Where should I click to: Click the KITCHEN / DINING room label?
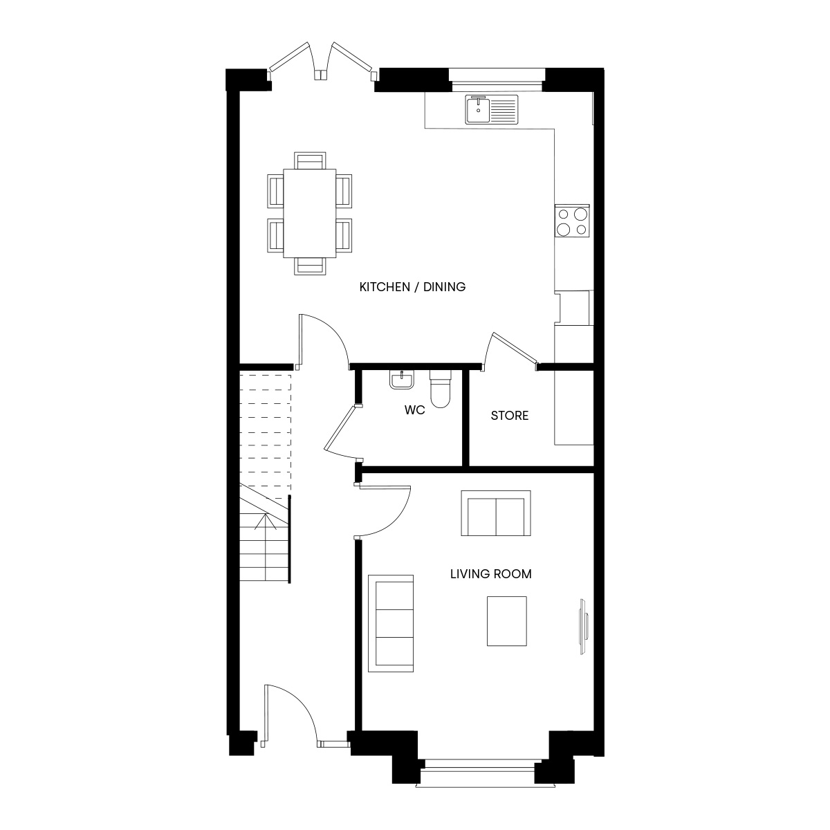[412, 287]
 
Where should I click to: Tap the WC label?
[414, 409]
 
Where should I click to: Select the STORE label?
[510, 416]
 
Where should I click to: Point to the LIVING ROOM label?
[490, 573]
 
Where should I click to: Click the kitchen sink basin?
[477, 109]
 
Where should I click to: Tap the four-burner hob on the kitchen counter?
[571, 221]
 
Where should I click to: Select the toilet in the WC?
[440, 389]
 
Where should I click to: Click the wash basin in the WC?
[402, 380]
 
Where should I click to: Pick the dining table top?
[309, 213]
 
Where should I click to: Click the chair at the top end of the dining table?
[310, 160]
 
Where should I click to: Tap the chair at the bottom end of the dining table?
[310, 266]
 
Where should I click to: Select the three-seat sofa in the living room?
[391, 623]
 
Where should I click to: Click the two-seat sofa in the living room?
[496, 513]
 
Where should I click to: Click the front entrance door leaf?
[266, 714]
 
